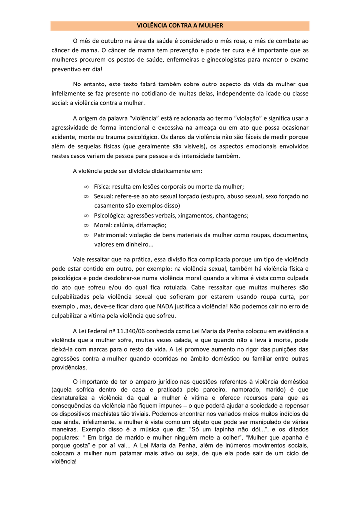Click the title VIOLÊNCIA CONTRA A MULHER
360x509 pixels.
[x=180, y=26]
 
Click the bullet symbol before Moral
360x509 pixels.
[x=86, y=225]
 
